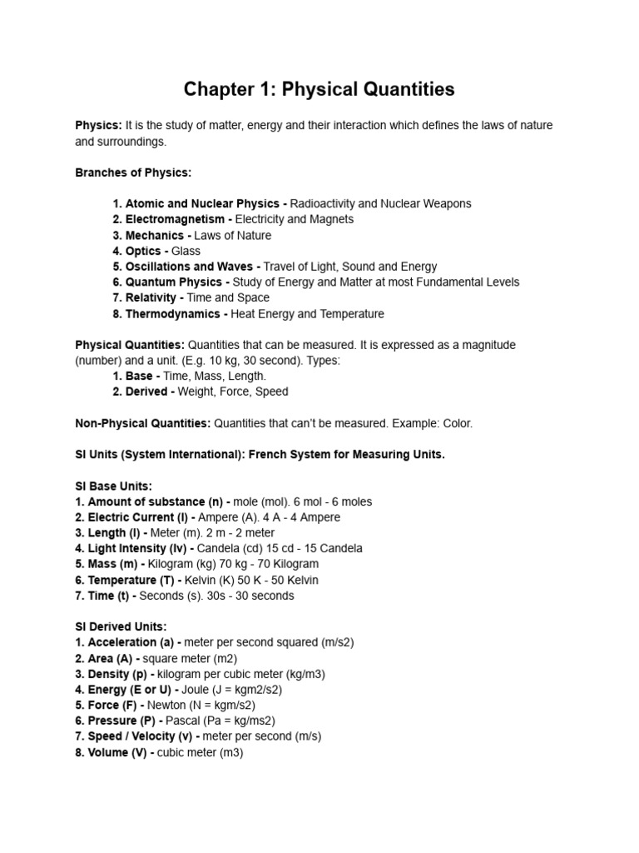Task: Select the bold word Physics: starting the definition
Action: pyautogui.click(x=98, y=125)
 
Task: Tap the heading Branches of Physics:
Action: pyautogui.click(x=133, y=172)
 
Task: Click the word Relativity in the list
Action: pyautogui.click(x=151, y=297)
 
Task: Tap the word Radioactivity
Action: pyautogui.click(x=323, y=203)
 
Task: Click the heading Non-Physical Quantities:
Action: pyautogui.click(x=143, y=423)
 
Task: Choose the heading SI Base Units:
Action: pyautogui.click(x=114, y=486)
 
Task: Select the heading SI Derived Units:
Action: pyautogui.click(x=121, y=626)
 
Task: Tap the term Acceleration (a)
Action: pyautogui.click(x=127, y=642)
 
